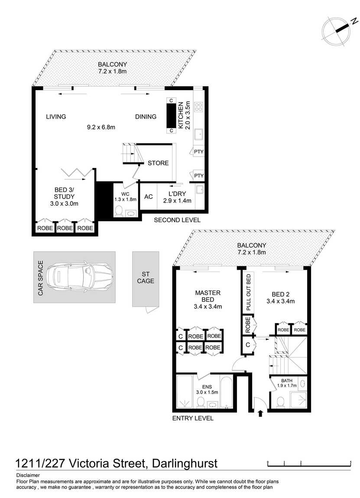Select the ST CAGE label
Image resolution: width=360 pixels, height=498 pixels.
coord(146,278)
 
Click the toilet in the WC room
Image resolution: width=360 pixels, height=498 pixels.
coord(119,211)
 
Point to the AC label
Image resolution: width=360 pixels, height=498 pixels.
coord(149,197)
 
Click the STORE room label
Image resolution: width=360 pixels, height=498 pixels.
coord(158,163)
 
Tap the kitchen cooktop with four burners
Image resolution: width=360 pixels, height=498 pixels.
coord(199,107)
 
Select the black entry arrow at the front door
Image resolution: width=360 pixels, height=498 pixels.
coord(260,413)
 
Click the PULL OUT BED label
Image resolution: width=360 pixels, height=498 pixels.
coord(249,292)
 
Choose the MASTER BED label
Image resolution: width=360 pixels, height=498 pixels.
coord(208,296)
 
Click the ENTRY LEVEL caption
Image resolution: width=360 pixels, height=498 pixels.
coord(192,418)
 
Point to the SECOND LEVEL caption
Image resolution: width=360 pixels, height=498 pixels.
coord(177,220)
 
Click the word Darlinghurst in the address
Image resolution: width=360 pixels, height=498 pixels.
coord(185,463)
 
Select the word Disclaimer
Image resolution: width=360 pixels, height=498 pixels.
coord(28,475)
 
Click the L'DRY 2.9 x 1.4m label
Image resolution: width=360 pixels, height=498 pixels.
coord(177,197)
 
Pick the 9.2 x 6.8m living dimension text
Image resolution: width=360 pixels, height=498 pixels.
coord(101,127)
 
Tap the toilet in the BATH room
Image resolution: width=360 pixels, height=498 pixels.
coord(281,402)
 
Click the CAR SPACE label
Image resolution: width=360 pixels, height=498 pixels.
coord(40,278)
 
